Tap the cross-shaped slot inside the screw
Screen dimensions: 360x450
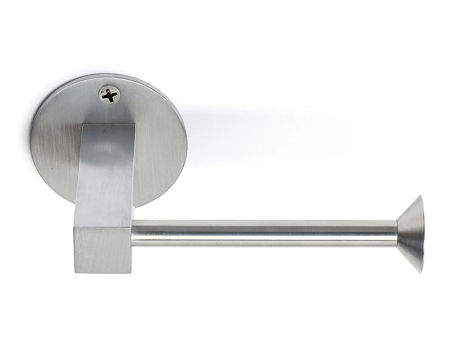coord(110,95)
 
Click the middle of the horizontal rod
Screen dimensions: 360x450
coord(264,233)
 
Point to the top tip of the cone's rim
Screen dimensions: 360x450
coord(421,196)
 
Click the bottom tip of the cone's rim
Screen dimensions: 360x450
coord(421,272)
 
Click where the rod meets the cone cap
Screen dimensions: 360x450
coord(397,233)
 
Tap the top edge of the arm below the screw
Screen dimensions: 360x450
coord(110,125)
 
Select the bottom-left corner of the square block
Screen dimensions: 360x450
coord(74,272)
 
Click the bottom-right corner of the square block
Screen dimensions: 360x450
coord(131,273)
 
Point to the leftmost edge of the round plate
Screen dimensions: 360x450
coord(31,141)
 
